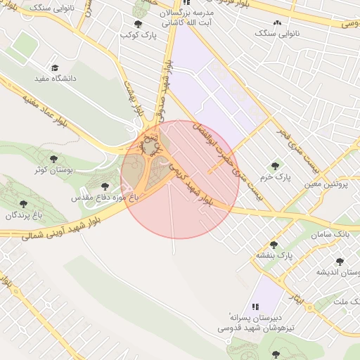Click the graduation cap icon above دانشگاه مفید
[54, 67]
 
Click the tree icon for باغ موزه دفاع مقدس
[105, 187]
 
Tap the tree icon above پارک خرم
[275, 166]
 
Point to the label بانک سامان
[334, 233]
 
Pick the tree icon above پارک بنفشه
[274, 245]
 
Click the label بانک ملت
[345, 302]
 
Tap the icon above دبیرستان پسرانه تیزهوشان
[255, 307]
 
